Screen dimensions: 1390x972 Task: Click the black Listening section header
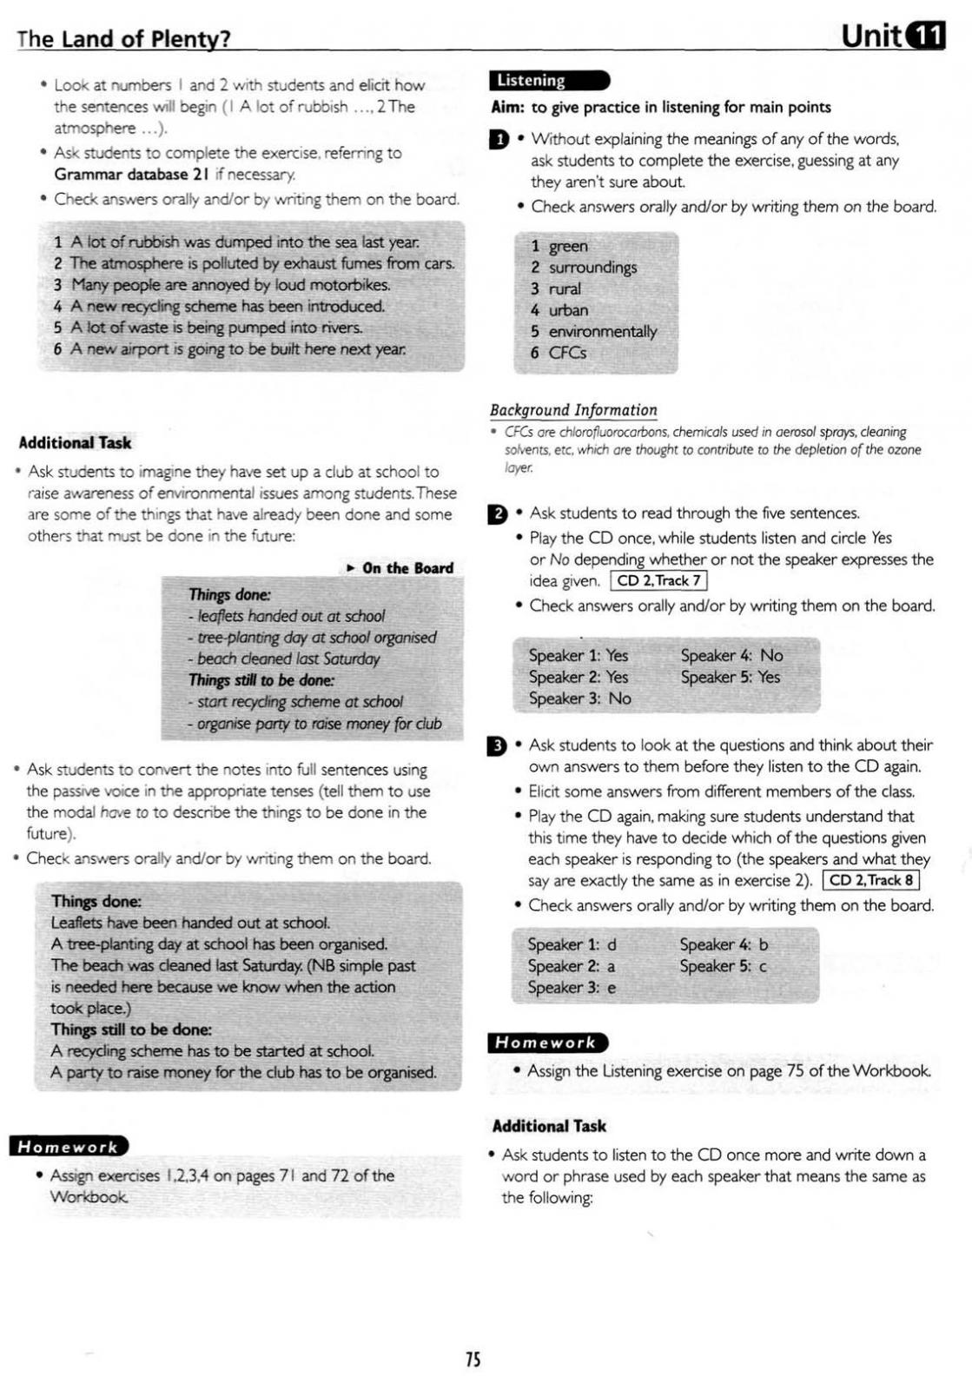tap(549, 81)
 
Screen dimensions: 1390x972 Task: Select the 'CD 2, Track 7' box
tap(658, 581)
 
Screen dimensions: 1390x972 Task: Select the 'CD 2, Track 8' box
tap(870, 880)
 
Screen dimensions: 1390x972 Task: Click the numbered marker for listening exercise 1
tap(499, 139)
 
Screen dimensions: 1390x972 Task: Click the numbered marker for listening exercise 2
tap(498, 513)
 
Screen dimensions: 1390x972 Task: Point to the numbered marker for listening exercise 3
tap(497, 745)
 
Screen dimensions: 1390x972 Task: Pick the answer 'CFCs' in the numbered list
tap(567, 353)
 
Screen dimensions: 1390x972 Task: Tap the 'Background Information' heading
tap(573, 410)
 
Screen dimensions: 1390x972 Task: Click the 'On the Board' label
tap(407, 568)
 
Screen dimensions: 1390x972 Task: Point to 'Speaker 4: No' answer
tap(731, 656)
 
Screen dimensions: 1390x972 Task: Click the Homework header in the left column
tap(69, 1147)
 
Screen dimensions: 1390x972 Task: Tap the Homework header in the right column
tap(547, 1042)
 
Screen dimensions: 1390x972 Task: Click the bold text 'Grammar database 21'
tap(130, 174)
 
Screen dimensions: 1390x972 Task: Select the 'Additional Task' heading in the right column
tap(549, 1126)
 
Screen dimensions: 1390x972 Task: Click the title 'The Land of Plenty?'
tap(123, 38)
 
